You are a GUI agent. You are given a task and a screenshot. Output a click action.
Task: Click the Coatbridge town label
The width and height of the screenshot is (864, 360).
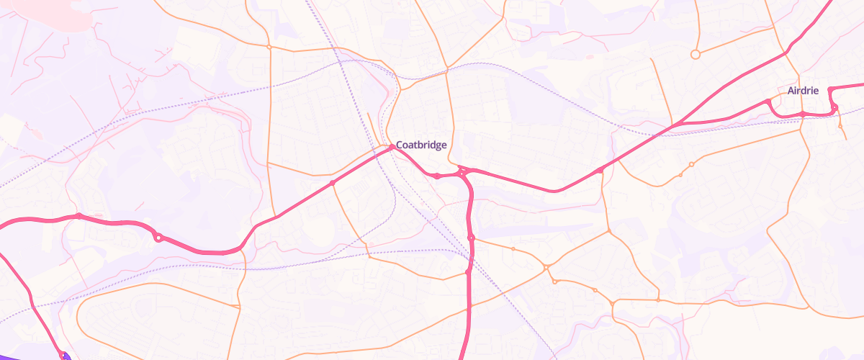tap(421, 145)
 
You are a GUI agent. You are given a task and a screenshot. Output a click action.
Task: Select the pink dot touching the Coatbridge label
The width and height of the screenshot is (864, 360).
tap(392, 147)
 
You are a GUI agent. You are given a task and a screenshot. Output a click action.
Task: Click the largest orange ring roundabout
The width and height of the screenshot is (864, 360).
tap(695, 54)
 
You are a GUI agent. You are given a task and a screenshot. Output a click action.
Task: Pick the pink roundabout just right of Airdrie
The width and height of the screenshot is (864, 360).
tap(834, 108)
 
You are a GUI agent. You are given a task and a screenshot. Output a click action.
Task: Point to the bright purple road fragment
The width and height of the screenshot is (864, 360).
tap(63, 356)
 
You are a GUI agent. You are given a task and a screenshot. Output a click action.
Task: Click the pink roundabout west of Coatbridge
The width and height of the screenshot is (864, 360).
tap(158, 237)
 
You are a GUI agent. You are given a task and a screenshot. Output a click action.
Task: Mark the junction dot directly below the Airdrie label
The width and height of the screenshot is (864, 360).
tap(802, 114)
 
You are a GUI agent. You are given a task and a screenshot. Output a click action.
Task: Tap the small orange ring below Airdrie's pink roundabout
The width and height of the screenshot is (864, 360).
tap(840, 126)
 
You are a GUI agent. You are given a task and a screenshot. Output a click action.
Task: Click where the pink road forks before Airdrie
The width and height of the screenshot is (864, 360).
tap(675, 126)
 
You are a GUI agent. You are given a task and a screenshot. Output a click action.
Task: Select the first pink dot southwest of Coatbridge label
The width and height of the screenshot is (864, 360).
tap(333, 183)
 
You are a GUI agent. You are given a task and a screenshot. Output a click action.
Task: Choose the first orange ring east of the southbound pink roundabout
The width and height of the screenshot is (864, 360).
tap(513, 249)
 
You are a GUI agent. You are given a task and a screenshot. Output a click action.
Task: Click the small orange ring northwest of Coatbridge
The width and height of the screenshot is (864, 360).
tap(269, 47)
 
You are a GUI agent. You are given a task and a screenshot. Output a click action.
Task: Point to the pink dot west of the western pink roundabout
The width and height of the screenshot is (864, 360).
tap(78, 216)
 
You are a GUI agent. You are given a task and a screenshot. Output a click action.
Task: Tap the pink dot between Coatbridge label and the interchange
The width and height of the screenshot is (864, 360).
tap(437, 176)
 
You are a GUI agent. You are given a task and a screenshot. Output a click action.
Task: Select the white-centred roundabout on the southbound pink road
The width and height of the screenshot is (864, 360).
tap(471, 238)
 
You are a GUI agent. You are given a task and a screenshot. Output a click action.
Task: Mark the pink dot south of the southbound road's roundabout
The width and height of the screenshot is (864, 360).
tap(468, 272)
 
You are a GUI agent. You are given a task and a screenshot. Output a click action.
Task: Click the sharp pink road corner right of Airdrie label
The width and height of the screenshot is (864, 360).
tap(830, 89)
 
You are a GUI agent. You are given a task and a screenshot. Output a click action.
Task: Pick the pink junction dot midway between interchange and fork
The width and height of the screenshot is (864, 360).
tap(600, 171)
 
